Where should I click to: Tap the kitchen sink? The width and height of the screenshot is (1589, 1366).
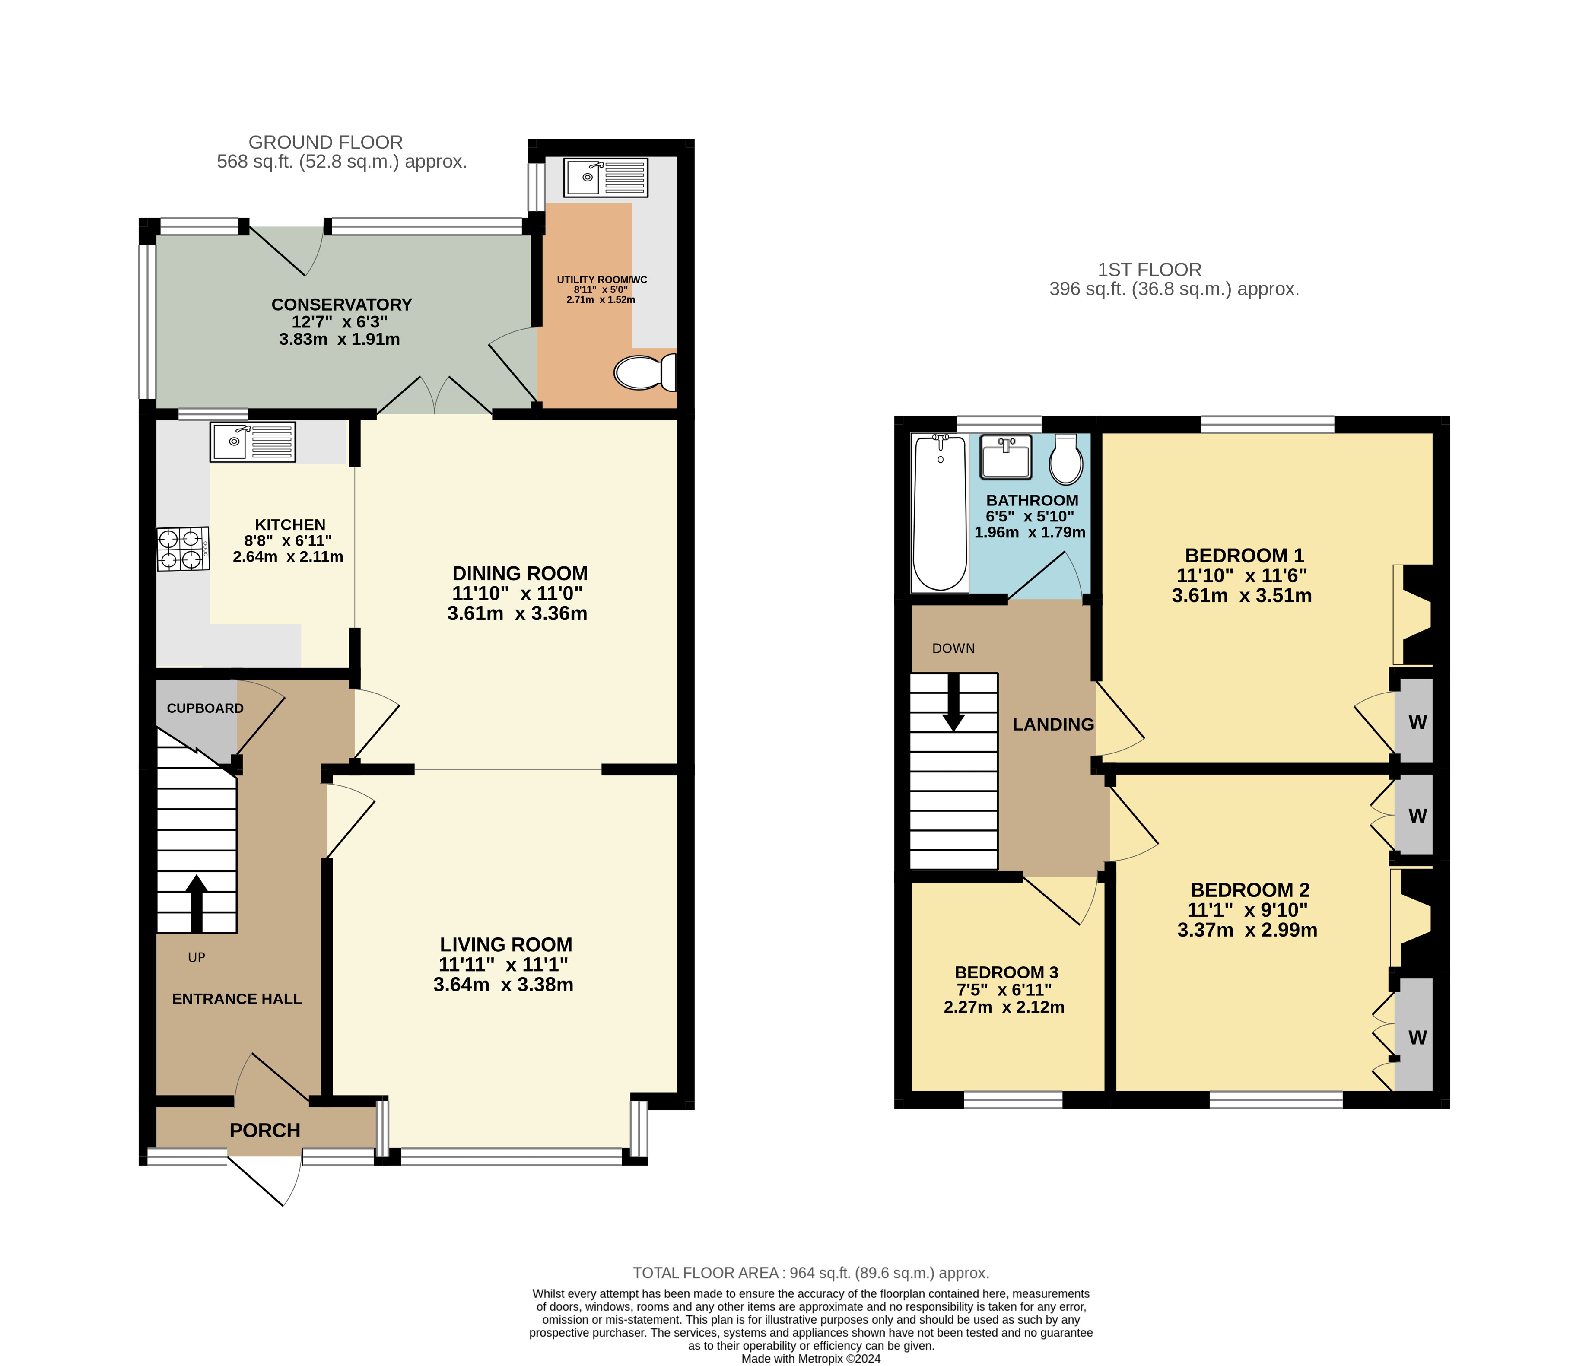252,442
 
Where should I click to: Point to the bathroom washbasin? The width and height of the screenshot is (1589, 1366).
1005,456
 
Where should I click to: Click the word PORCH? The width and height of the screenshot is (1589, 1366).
264,1130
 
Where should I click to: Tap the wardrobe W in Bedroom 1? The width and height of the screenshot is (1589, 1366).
1417,722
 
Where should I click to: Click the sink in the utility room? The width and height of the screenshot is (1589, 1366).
606,178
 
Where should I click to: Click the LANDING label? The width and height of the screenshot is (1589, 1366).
1053,724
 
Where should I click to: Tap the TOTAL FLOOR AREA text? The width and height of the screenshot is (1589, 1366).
810,1272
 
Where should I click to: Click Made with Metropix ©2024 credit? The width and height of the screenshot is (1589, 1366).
810,1358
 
